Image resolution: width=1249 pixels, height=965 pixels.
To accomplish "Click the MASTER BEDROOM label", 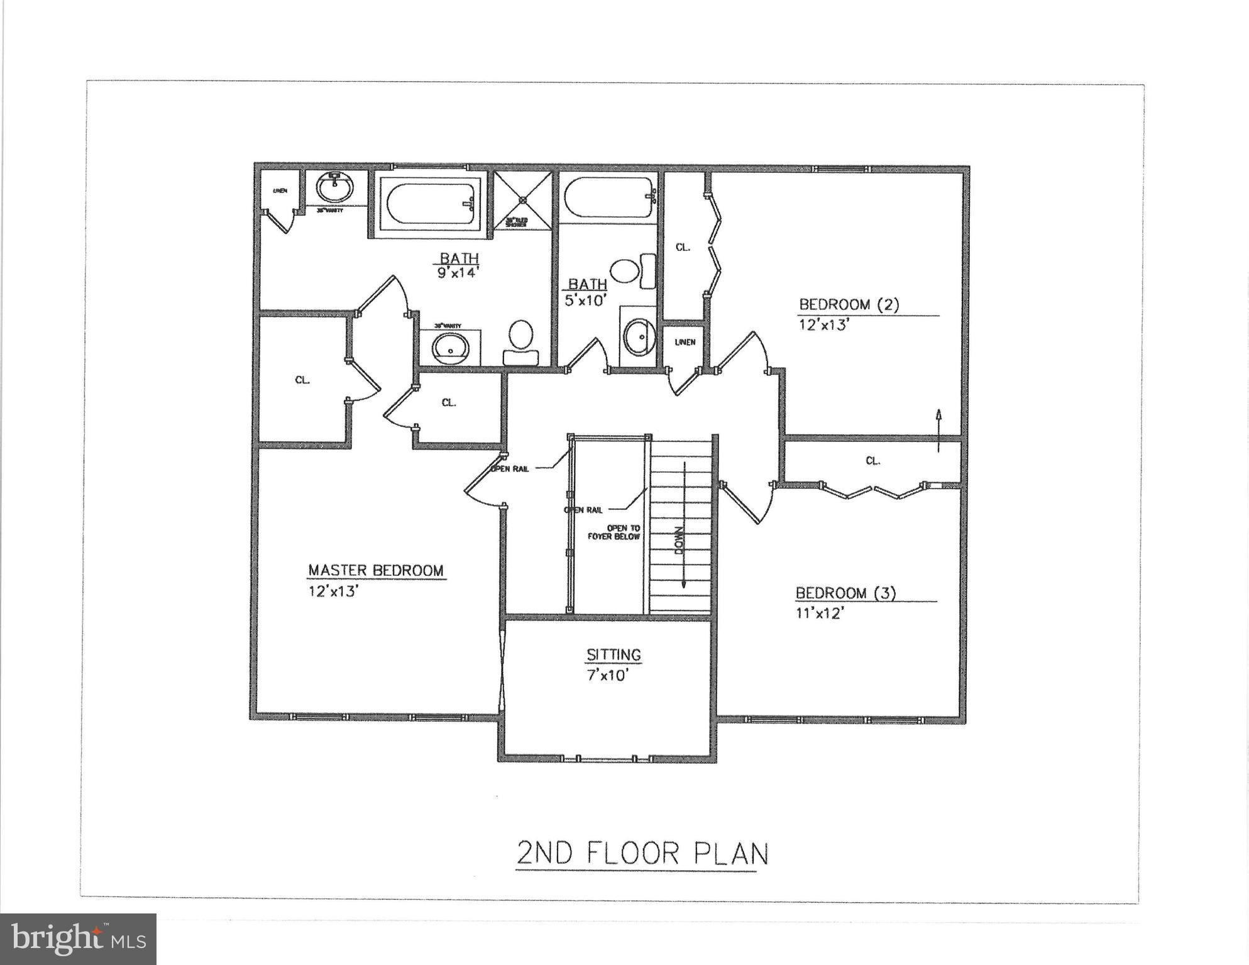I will coord(375,570).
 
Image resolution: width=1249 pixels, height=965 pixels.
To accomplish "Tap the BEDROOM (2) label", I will coord(849,304).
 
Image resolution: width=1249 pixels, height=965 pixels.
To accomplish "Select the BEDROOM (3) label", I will coord(845,593).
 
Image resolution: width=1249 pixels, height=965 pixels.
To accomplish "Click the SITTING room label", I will coord(613,654).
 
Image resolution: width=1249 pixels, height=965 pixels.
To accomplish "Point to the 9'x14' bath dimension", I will coord(458,273).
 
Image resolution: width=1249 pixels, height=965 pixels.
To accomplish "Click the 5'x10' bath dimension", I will coord(585,300).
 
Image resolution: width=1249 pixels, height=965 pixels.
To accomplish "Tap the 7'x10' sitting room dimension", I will coord(607,676).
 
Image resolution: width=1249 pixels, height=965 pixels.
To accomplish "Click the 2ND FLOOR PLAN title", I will coord(642,853).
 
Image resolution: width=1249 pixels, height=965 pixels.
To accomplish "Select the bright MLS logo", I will coord(78,939).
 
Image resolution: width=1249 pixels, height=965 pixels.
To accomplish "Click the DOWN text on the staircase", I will coord(679,540).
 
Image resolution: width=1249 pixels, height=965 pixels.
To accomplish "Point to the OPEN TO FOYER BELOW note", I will coord(614,532).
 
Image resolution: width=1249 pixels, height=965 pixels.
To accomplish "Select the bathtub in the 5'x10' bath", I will coord(608,197).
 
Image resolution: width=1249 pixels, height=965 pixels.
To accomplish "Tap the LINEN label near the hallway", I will coord(685,342).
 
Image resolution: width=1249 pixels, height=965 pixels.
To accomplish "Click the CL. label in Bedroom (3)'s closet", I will coord(872,461).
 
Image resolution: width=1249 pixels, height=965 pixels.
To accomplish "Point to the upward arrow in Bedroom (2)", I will coord(938,429).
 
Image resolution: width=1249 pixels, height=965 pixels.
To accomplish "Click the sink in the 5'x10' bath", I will coord(638,336).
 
